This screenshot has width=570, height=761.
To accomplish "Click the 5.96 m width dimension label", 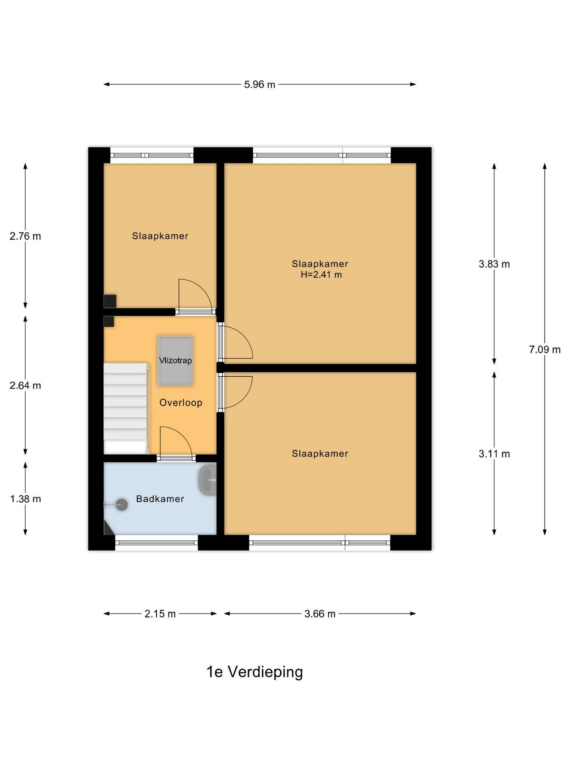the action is point(259,85).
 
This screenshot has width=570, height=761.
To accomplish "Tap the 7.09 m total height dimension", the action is point(544,350).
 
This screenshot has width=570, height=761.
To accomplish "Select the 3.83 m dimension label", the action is point(494,264).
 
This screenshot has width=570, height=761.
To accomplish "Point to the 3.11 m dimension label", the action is point(494,454).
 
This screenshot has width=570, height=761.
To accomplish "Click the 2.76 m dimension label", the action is point(25,236).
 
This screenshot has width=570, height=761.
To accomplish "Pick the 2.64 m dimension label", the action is point(25,386).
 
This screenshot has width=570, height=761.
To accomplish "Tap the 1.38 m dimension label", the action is point(25,499).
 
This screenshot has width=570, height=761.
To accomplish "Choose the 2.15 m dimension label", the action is point(160,614).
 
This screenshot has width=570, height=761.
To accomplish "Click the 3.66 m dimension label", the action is point(320,614).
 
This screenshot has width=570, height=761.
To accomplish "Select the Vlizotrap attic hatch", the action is point(175,361).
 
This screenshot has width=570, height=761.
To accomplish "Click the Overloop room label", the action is point(180,402).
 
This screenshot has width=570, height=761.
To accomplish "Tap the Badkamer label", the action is point(160,499).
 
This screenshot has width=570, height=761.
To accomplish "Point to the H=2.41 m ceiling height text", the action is point(321,274).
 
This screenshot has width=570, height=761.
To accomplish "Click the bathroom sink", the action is point(207,480).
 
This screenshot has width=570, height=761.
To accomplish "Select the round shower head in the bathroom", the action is point(122,505).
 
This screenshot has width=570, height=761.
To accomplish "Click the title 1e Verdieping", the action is point(255,672).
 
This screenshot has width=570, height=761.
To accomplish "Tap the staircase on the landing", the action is point(125,408).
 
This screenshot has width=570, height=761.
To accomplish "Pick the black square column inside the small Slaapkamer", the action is point(110,301).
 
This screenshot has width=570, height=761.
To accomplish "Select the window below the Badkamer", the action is point(156,543).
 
